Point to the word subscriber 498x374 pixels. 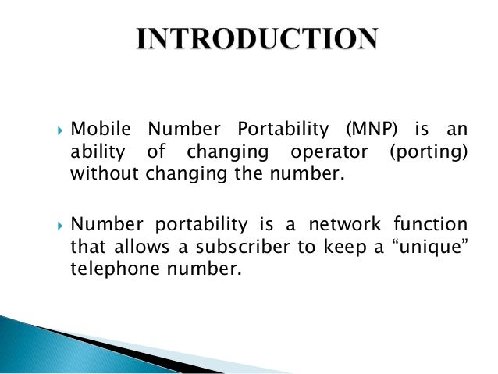233,248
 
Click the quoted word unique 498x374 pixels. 421,248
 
